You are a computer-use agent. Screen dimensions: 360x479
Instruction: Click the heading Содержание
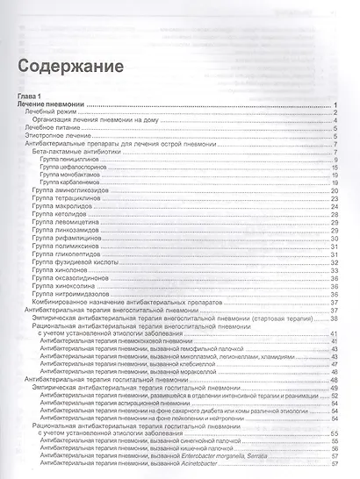click(x=67, y=65)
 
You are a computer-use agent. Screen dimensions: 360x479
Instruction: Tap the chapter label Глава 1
click(x=34, y=95)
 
